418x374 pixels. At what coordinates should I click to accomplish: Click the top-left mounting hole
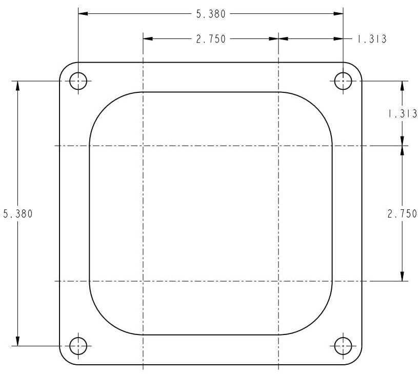(x=78, y=81)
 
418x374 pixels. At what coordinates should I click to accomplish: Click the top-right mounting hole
(x=343, y=81)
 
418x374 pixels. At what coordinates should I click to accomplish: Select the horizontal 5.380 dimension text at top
(x=211, y=14)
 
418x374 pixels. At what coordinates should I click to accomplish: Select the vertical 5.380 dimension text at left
(x=18, y=214)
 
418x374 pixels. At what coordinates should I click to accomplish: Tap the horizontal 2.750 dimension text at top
(x=211, y=39)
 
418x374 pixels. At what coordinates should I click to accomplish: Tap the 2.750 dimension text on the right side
(x=402, y=214)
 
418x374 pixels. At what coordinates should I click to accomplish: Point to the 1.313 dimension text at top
(x=371, y=39)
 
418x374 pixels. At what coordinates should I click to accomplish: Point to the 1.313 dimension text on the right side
(x=402, y=114)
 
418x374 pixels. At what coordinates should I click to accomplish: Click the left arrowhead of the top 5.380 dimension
(x=82, y=14)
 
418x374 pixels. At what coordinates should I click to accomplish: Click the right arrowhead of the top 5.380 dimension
(x=339, y=14)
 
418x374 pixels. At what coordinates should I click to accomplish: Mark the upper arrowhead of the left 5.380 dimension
(x=18, y=85)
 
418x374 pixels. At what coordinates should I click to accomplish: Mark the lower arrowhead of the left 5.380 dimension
(x=18, y=341)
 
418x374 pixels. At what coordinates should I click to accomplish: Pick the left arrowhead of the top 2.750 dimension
(x=148, y=38)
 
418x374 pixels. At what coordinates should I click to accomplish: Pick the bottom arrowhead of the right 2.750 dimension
(x=402, y=277)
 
